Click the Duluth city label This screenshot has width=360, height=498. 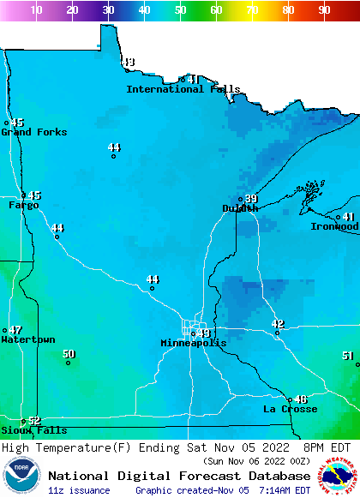[x=239, y=208]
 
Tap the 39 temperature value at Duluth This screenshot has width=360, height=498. [x=251, y=199]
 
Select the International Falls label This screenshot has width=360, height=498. [x=183, y=89]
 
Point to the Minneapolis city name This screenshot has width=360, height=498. [x=194, y=343]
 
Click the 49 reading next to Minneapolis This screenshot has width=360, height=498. [x=203, y=333]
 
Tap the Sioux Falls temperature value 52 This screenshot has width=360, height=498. [x=34, y=421]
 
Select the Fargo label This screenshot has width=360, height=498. [x=23, y=206]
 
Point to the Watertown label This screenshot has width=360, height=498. [x=27, y=340]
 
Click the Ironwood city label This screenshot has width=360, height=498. [x=334, y=226]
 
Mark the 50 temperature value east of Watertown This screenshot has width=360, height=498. [x=69, y=354]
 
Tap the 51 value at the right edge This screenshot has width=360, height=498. [x=347, y=356]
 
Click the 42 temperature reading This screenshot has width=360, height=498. [x=277, y=324]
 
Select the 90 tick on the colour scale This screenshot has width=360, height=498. [x=324, y=10]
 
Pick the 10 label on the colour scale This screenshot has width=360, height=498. [x=36, y=10]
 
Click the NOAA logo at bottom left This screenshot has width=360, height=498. [x=21, y=476]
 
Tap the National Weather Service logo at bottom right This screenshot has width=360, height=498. [x=339, y=476]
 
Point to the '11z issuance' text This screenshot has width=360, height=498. [x=80, y=490]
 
